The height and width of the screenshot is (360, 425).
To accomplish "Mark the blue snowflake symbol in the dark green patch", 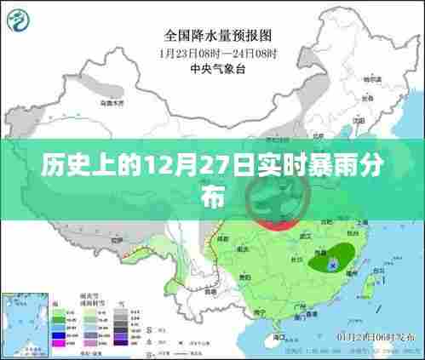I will click(333, 266).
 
